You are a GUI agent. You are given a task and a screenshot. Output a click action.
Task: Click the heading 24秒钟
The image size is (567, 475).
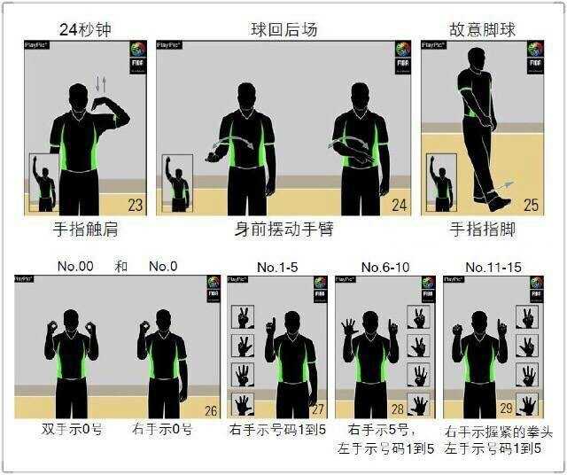[85, 27]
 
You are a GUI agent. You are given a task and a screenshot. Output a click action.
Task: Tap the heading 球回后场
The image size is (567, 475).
[283, 28]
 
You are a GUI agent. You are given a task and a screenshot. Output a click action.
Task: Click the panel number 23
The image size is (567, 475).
[135, 206]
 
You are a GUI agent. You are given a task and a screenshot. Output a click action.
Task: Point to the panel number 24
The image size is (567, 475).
[400, 206]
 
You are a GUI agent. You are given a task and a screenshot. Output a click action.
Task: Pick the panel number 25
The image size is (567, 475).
[532, 206]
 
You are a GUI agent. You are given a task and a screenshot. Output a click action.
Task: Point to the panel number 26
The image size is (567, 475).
[210, 410]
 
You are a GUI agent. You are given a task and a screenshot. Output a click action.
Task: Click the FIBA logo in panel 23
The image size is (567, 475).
[137, 51]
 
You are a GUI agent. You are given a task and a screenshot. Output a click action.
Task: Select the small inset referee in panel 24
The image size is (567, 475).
[178, 183]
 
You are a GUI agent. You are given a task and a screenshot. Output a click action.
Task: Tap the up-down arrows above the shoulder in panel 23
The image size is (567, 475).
[99, 84]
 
